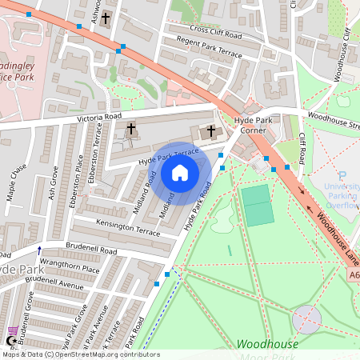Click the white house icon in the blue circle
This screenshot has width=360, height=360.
tap(180, 172)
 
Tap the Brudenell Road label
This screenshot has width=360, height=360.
tap(92, 251)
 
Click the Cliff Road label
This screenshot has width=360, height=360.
tap(302, 148)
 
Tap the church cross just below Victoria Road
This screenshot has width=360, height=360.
tap(131, 128)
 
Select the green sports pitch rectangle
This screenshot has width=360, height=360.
tap(258, 205)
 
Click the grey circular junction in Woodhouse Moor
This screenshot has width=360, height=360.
tap(306, 319)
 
